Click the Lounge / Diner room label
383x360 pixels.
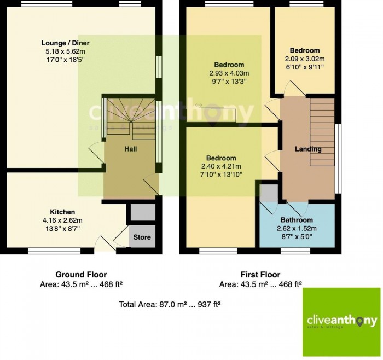(66, 43)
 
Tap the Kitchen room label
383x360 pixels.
(62, 212)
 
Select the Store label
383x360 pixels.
(142, 237)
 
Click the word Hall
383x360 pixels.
(131, 149)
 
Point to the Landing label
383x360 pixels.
(308, 149)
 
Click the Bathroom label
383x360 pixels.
(297, 220)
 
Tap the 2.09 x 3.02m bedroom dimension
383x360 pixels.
(305, 59)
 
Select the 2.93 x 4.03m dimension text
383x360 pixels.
(229, 73)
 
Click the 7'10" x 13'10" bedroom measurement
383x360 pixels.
(221, 175)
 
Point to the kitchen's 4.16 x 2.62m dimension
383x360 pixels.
(62, 220)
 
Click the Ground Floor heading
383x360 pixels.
(81, 275)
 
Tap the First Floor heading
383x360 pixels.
(260, 275)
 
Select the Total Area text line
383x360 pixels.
(170, 304)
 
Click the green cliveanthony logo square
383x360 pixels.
(341, 322)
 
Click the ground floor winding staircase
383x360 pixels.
(131, 119)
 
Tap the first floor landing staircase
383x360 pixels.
(322, 132)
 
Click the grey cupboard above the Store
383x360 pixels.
(143, 212)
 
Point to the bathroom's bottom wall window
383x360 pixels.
(295, 251)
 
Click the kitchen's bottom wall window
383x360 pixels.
(54, 251)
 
